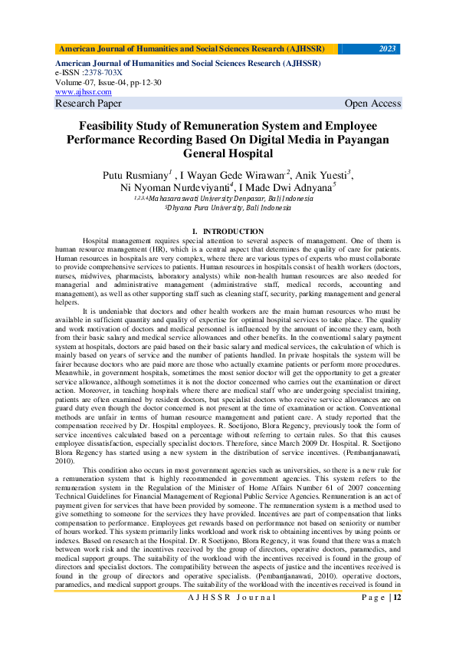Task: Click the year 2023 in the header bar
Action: pyautogui.click(x=388, y=49)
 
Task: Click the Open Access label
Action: pyautogui.click(x=372, y=104)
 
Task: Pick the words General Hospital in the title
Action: pyautogui.click(x=228, y=153)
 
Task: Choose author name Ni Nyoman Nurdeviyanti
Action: pyautogui.click(x=163, y=187)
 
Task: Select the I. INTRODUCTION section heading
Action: pyautogui.click(x=228, y=231)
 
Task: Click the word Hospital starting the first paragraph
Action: pyautogui.click(x=98, y=240)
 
